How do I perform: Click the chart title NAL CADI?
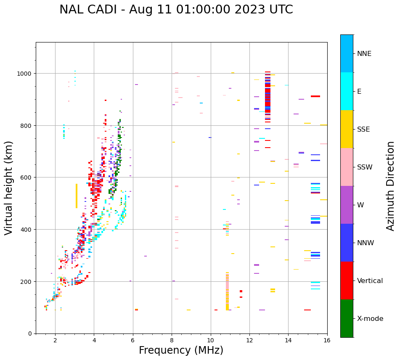(x=176, y=10)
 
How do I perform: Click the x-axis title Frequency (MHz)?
(x=181, y=350)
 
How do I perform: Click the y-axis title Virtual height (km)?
(x=9, y=188)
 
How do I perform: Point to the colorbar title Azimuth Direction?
(x=391, y=186)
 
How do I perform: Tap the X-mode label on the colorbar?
(x=370, y=319)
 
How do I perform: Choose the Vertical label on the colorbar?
(x=370, y=281)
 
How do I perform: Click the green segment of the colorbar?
(x=347, y=318)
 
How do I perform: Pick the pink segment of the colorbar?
(x=347, y=167)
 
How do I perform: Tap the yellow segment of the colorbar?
(x=347, y=129)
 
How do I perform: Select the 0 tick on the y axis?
(x=30, y=334)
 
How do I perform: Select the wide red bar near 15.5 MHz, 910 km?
(x=315, y=96)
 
